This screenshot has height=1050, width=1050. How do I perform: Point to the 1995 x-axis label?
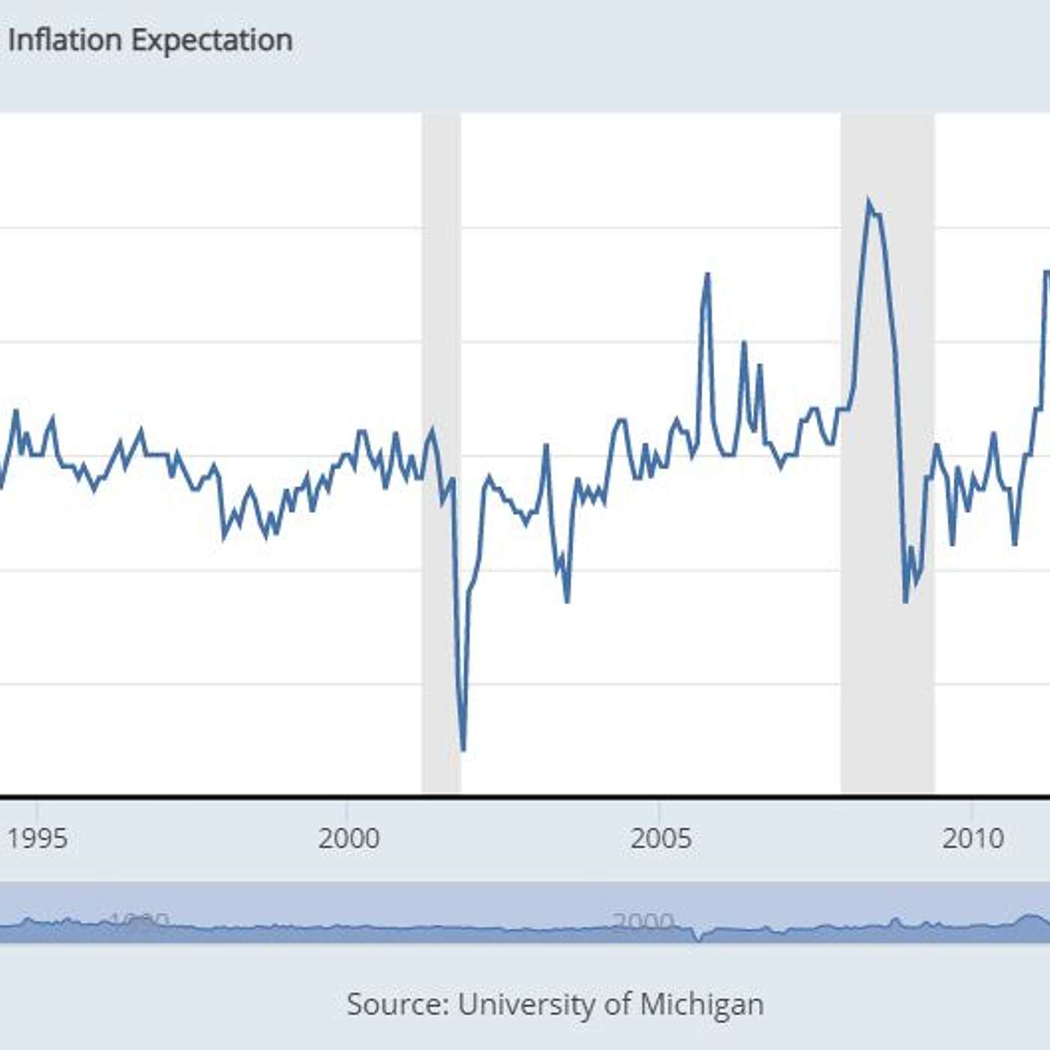37,838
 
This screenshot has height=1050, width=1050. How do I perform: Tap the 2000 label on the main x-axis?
349,838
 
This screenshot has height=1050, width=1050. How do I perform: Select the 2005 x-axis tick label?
661,838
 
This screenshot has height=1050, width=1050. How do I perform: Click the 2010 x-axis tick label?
973,838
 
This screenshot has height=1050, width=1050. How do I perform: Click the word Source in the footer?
397,1003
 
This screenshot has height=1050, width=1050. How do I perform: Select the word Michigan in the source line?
702,1003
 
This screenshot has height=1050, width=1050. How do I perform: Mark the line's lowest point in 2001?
463,748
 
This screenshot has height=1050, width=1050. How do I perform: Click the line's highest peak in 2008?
868,201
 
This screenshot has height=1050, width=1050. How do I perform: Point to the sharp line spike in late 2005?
706,274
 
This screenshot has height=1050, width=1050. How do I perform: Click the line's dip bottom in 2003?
567,601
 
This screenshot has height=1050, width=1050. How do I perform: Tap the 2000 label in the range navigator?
643,922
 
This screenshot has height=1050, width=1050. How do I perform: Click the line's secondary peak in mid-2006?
744,343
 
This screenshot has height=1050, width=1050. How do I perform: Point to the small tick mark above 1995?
37,808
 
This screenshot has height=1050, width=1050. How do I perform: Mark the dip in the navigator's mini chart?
699,938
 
